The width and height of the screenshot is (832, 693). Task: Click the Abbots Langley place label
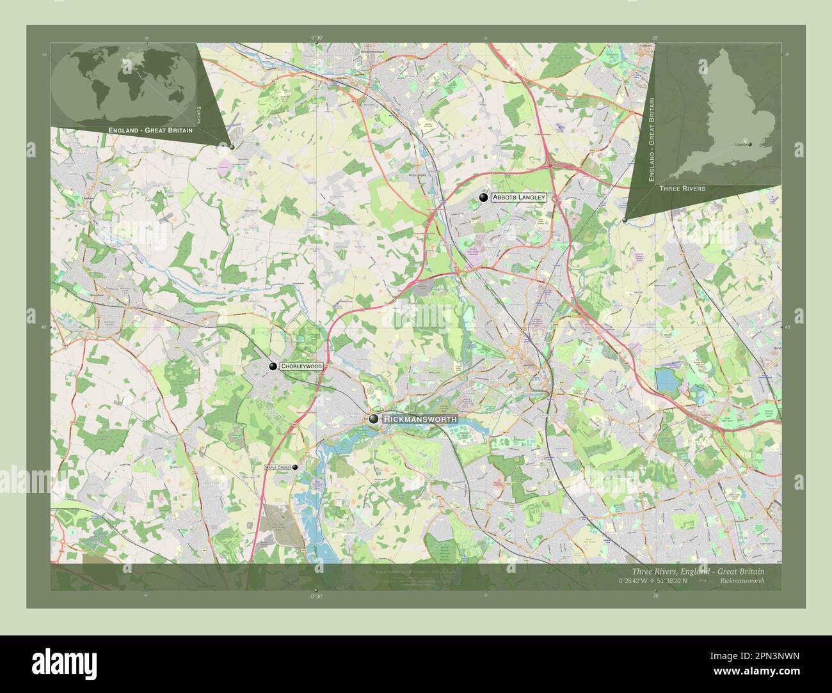[518, 198]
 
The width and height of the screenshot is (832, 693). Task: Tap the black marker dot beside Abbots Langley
[483, 198]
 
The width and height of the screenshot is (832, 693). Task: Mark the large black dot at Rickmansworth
[374, 419]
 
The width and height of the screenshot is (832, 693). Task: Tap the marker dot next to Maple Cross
[295, 468]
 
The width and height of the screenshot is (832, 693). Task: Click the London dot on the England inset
[750, 144]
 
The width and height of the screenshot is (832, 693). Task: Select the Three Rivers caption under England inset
[682, 189]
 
